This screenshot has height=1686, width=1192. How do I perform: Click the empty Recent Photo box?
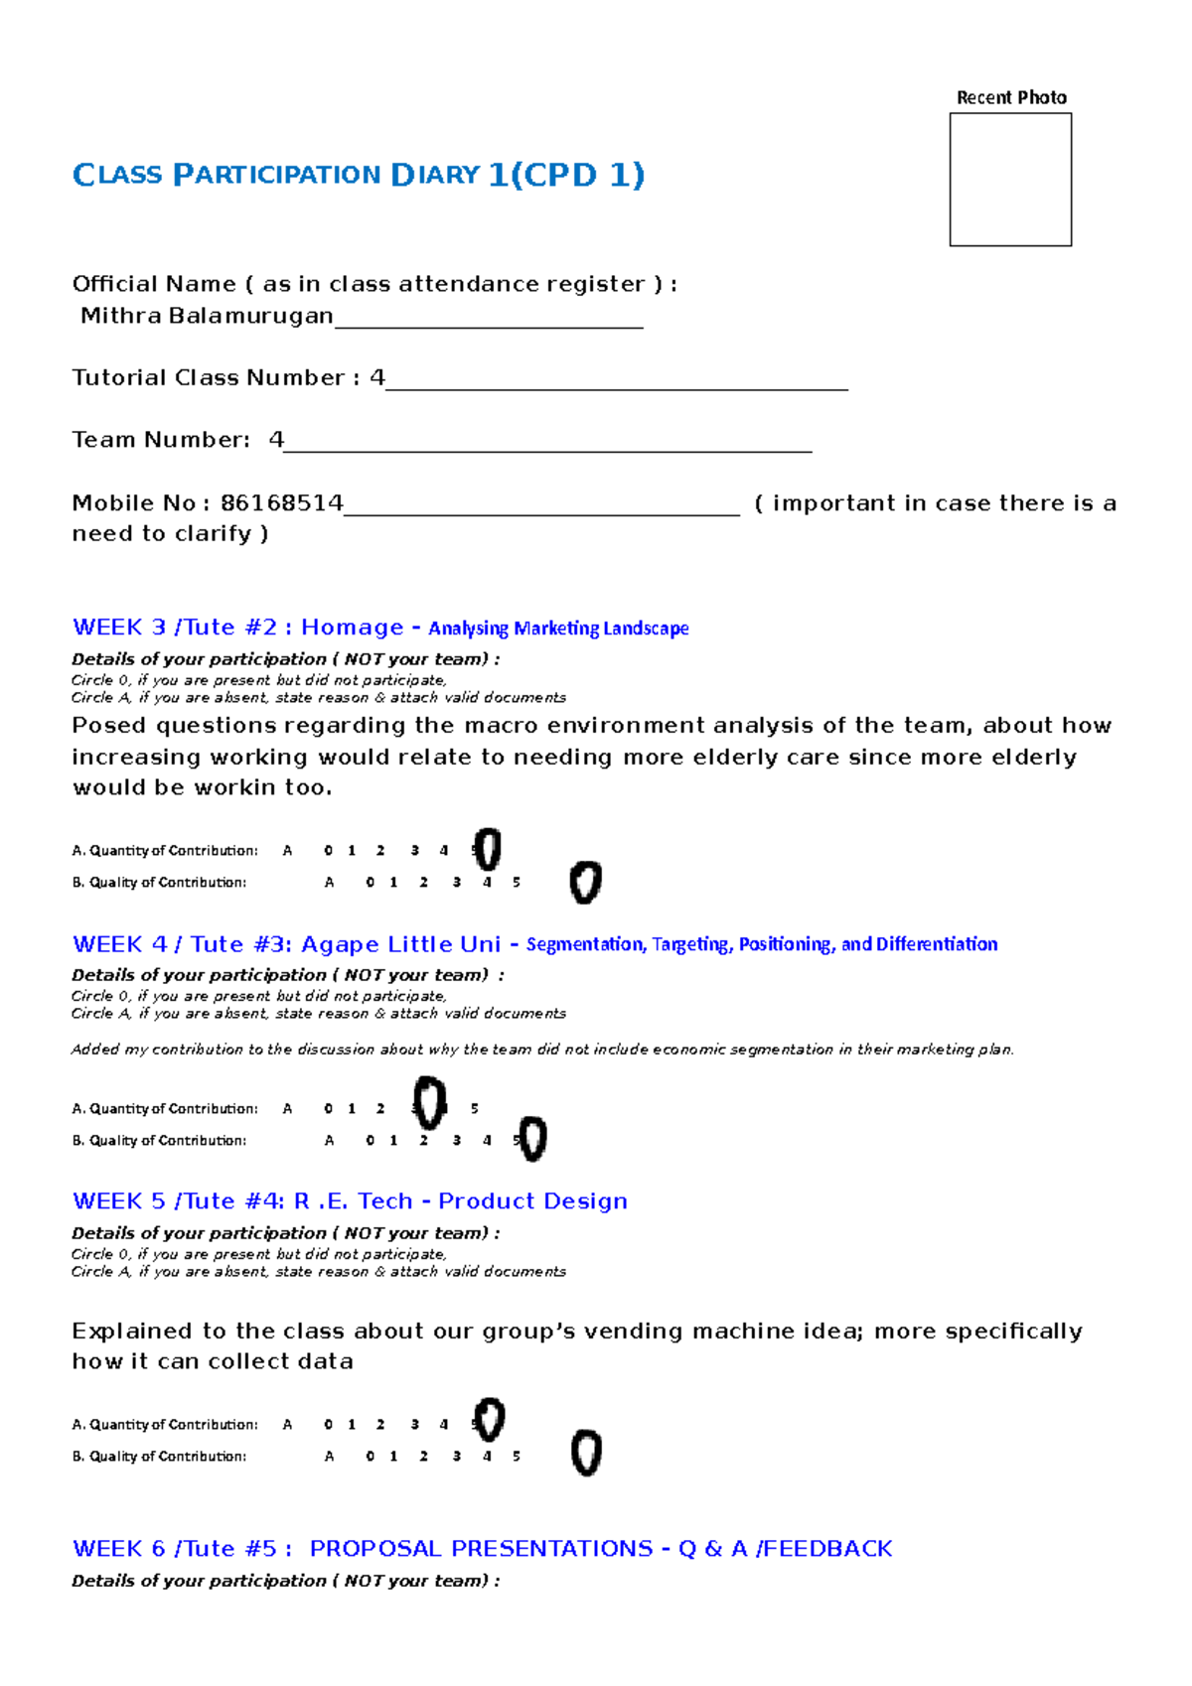tap(1010, 180)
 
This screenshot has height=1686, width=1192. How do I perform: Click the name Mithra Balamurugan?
tap(207, 316)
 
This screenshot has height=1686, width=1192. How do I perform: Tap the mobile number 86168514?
tap(282, 503)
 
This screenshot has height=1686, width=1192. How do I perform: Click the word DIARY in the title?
tap(436, 175)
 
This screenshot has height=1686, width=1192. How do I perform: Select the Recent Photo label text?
tap(1011, 97)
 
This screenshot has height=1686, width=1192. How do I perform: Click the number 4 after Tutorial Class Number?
tap(376, 378)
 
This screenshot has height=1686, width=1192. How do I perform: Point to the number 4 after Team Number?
tap(276, 440)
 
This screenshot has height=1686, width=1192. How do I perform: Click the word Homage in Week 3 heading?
tap(353, 628)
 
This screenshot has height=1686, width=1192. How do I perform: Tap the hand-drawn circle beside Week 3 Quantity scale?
tap(487, 849)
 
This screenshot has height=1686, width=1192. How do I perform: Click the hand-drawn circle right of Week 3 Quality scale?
tap(585, 882)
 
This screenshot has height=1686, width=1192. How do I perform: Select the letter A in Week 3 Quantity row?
tap(287, 851)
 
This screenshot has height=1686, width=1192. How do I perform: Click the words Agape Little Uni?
tap(400, 944)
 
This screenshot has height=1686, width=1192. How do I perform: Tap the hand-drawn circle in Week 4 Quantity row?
tap(429, 1103)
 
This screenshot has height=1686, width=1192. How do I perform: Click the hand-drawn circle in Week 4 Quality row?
tap(532, 1139)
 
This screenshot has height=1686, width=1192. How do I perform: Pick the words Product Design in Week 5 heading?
tap(532, 1201)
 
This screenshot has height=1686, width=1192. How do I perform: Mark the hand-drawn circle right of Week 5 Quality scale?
tap(586, 1454)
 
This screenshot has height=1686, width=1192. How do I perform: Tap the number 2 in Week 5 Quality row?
tap(423, 1457)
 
